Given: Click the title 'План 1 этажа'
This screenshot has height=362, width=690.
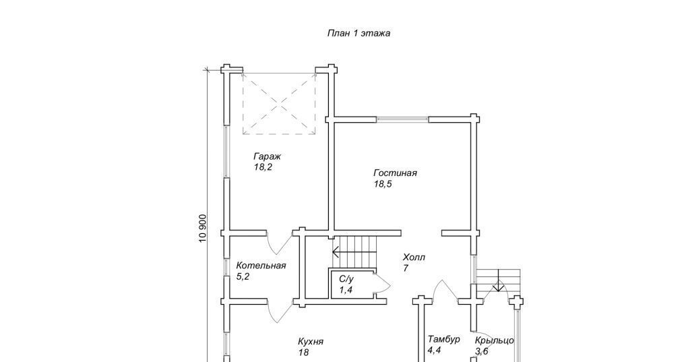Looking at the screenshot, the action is pyautogui.click(x=358, y=33).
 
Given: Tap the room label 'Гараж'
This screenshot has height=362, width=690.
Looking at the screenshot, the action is pyautogui.click(x=267, y=156).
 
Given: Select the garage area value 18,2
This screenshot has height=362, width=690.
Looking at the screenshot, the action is pyautogui.click(x=263, y=167).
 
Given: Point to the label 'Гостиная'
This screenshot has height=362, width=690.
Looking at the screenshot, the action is pyautogui.click(x=395, y=173).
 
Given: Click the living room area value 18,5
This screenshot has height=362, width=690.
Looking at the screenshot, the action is pyautogui.click(x=383, y=184).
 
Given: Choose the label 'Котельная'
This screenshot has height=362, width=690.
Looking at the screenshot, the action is pyautogui.click(x=261, y=266).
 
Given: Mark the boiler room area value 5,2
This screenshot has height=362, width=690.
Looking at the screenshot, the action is pyautogui.click(x=243, y=277).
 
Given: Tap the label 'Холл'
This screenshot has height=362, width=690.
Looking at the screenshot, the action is pyautogui.click(x=414, y=258).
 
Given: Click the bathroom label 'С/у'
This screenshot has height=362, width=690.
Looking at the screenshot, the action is pyautogui.click(x=346, y=279).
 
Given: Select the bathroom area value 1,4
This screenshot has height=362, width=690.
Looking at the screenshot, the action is pyautogui.click(x=346, y=290).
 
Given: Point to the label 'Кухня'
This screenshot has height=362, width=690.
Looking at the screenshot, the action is pyautogui.click(x=311, y=342).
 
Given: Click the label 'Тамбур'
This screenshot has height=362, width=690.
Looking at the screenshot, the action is pyautogui.click(x=444, y=339).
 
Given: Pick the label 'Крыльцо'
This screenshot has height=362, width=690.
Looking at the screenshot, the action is pyautogui.click(x=494, y=340).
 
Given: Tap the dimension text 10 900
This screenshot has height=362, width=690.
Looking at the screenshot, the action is pyautogui.click(x=202, y=228).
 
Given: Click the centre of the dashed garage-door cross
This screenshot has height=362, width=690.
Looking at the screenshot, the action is pyautogui.click(x=279, y=104).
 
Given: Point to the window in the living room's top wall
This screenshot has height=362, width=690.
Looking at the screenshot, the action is pyautogui.click(x=402, y=119).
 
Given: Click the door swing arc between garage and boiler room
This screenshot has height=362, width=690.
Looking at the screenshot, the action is pyautogui.click(x=280, y=247).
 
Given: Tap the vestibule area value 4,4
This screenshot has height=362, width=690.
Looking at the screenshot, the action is pyautogui.click(x=435, y=351).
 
